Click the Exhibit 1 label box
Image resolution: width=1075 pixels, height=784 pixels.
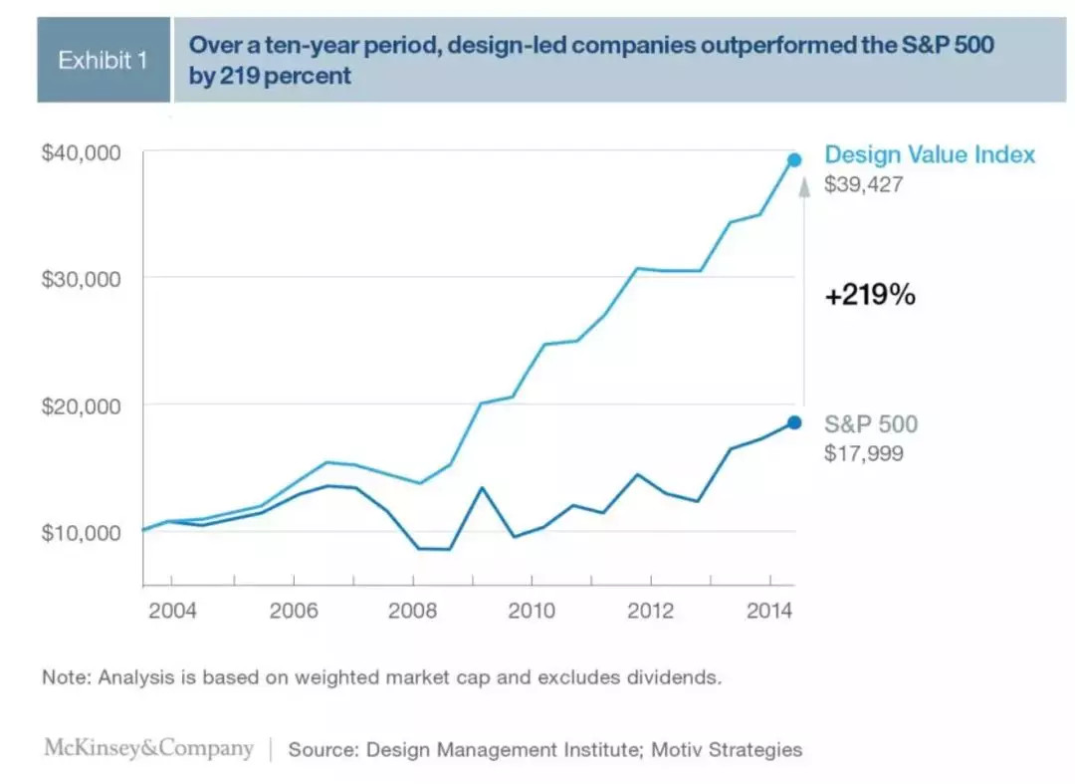pos(103,60)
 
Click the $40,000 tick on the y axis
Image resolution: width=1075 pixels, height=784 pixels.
pos(81,152)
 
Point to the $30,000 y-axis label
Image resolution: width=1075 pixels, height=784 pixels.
pos(81,278)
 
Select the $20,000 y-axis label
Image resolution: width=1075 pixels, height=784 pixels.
pos(81,405)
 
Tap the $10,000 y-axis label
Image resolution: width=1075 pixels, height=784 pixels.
pos(81,532)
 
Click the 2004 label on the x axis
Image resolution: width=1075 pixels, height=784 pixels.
pos(172,611)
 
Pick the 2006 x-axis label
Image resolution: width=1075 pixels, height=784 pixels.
pos(294,611)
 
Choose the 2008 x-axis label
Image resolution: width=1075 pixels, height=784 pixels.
pos(413,611)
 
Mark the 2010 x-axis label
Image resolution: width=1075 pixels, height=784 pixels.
pos(533,611)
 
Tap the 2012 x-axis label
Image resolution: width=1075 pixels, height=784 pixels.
pos(652,611)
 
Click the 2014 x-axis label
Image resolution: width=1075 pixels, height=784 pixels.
pos(770,611)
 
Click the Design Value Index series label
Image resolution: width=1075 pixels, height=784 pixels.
pos(930,154)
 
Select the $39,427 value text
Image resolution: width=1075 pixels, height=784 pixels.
pos(864,184)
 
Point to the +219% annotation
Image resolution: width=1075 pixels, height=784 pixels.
pos(870,296)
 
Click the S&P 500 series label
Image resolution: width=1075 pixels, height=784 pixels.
pos(871,424)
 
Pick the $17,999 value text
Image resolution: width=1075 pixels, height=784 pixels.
pos(864,454)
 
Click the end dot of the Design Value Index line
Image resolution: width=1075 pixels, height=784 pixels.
pos(794,159)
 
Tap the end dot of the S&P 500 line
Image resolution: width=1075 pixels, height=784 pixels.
pos(794,422)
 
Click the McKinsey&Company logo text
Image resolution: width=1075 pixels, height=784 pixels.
pos(148,748)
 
